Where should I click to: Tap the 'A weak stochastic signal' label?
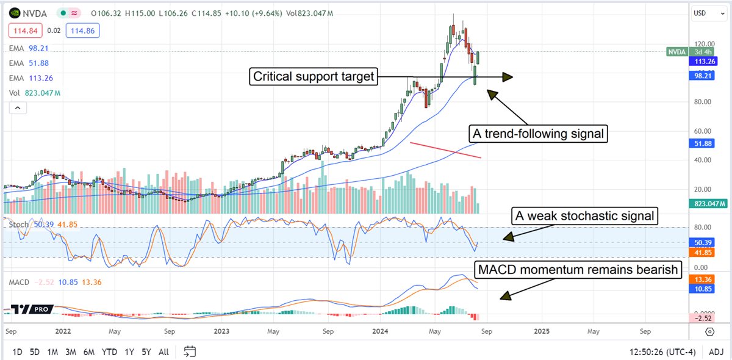pyautogui.click(x=584, y=215)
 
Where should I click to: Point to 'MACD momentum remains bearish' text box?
pyautogui.click(x=577, y=270)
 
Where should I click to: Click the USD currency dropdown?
pyautogui.click(x=707, y=13)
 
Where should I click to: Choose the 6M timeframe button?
pyautogui.click(x=89, y=352)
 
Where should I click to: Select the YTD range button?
pyautogui.click(x=109, y=352)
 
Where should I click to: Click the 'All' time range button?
pyautogui.click(x=163, y=352)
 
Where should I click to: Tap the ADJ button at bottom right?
pyautogui.click(x=715, y=352)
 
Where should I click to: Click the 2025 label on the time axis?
pyautogui.click(x=542, y=331)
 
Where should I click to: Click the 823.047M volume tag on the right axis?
pyautogui.click(x=708, y=204)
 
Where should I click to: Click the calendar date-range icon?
pyautogui.click(x=190, y=351)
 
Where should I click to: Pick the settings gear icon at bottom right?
pyautogui.click(x=709, y=331)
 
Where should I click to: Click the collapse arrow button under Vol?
pyautogui.click(x=16, y=108)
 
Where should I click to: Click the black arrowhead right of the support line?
pyautogui.click(x=507, y=77)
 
